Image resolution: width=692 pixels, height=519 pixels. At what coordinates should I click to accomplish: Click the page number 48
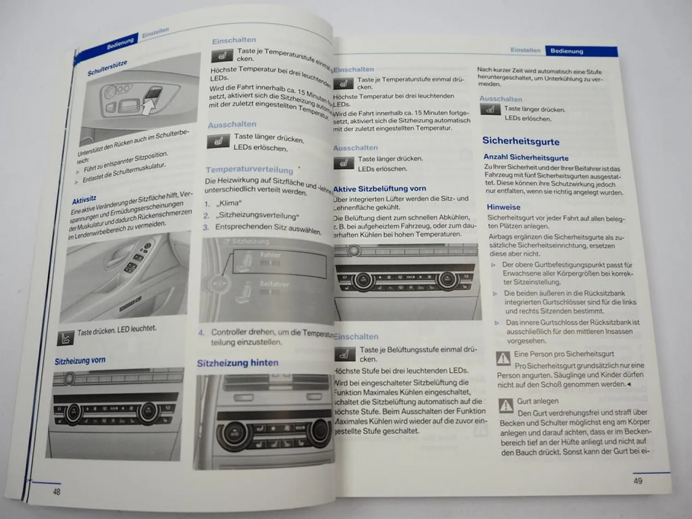[x=56, y=491]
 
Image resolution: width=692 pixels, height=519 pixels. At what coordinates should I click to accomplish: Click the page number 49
[x=638, y=481]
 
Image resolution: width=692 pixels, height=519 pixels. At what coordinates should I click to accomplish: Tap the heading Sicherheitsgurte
[x=520, y=141]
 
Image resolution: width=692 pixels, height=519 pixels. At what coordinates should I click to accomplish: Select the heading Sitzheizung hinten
[x=238, y=363]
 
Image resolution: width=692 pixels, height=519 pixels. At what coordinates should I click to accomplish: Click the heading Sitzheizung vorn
[x=80, y=361]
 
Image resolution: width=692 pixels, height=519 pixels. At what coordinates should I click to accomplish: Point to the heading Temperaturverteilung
[x=249, y=169]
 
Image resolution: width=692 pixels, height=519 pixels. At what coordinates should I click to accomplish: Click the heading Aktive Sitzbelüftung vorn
[x=379, y=188]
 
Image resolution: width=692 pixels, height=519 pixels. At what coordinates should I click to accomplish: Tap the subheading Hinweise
[x=503, y=207]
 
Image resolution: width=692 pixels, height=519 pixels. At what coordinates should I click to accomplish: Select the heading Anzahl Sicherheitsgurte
[x=525, y=157]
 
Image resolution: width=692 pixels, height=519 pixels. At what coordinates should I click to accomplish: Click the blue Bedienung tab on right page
[x=567, y=51]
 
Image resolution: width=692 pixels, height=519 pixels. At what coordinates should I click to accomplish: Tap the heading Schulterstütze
[x=107, y=68]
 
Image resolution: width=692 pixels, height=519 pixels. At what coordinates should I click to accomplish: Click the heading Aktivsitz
[x=84, y=200]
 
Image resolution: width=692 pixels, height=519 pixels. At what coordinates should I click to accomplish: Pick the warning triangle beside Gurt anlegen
[x=506, y=405]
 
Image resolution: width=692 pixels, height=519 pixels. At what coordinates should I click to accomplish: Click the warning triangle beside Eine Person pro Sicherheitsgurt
[x=502, y=358]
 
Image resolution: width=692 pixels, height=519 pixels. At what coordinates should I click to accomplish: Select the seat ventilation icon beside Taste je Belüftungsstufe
[x=344, y=354]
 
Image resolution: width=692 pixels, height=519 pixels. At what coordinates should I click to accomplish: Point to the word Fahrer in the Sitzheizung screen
[x=270, y=254]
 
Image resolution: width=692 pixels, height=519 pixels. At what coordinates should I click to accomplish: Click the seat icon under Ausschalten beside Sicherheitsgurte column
[x=490, y=109]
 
